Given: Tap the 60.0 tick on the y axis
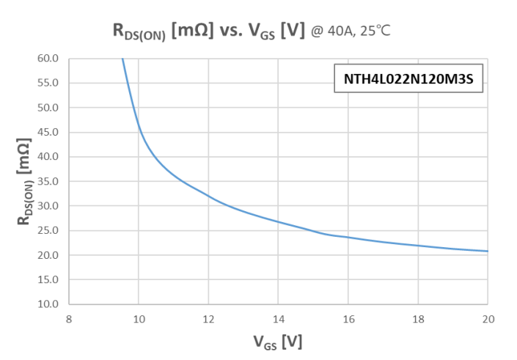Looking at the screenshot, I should click(48, 59).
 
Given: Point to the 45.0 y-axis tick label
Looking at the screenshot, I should click(48, 132).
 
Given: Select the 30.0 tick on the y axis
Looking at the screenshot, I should click(48, 206).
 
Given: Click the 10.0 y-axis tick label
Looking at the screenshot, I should click(48, 304).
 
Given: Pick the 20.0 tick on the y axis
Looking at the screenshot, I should click(48, 255).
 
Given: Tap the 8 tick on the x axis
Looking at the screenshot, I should click(69, 318).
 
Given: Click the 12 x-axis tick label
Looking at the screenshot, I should click(208, 318).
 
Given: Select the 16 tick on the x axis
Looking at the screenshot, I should click(348, 318).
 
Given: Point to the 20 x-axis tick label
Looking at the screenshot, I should click(488, 318).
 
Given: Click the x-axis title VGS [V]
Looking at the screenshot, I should click(278, 341).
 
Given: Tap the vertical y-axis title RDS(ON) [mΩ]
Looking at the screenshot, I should click(24, 181).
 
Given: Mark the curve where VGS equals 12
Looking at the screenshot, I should click(208, 196).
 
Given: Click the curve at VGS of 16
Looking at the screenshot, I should click(348, 238).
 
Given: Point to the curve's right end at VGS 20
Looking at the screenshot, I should click(487, 251).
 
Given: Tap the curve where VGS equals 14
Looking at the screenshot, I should click(279, 221).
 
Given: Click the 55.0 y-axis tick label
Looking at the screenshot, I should click(48, 83).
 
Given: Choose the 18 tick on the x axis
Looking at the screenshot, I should click(418, 318).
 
